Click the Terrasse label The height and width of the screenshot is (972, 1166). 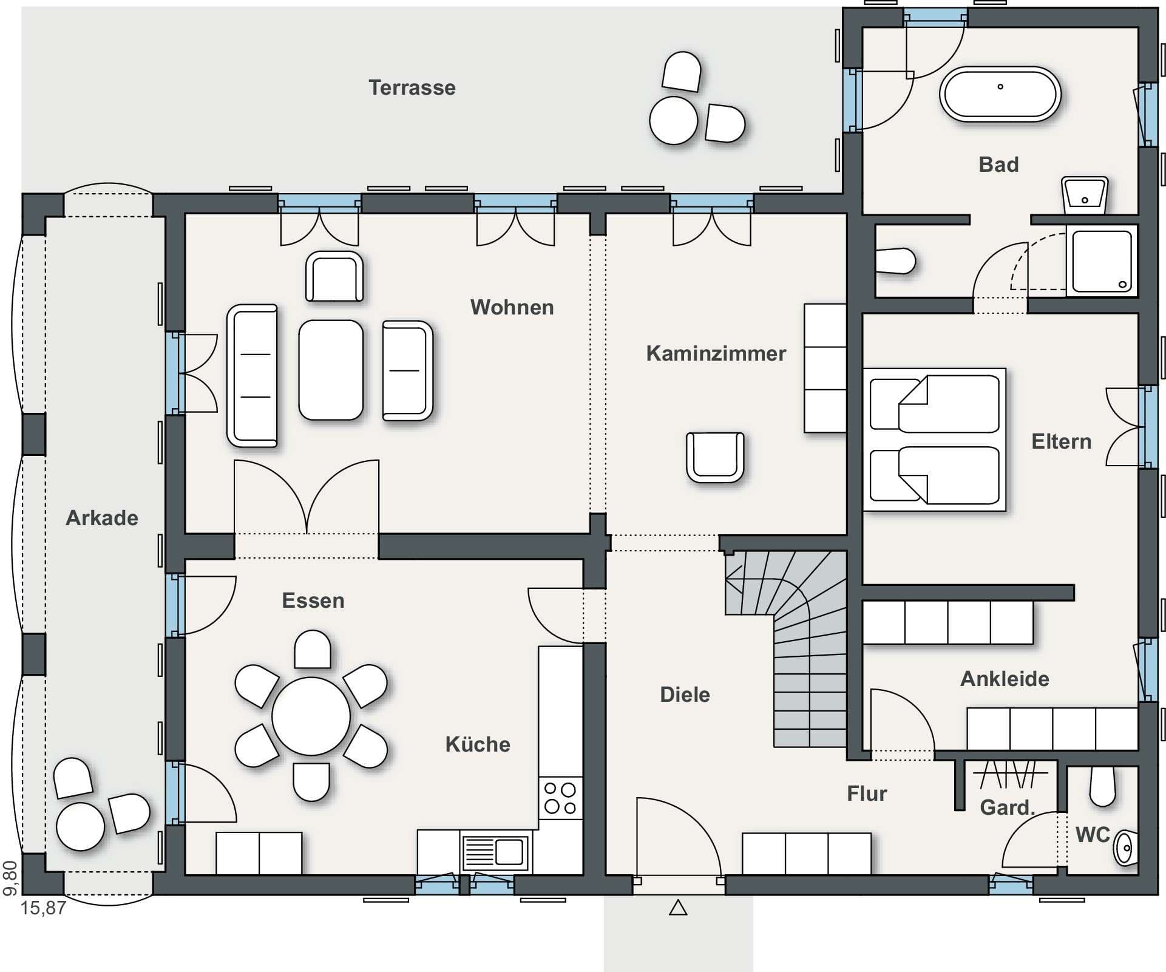412,88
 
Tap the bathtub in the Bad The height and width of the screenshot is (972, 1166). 1000,94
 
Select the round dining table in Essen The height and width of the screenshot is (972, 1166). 311,716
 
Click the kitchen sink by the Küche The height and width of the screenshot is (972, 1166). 495,851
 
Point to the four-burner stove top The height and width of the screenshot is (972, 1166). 560,798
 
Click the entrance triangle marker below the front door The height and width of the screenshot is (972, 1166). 678,908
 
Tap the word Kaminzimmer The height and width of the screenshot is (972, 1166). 716,353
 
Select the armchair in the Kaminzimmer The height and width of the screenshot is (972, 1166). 715,457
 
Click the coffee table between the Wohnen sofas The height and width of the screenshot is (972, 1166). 331,370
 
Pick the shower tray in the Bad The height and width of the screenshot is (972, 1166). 1102,260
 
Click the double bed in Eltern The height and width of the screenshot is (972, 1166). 934,440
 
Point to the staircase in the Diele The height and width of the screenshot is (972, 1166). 786,648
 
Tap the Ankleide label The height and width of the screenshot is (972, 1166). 1005,679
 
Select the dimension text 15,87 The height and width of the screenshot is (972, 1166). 43,908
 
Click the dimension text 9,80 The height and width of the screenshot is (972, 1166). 10,878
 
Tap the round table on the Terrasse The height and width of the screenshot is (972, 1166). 674,120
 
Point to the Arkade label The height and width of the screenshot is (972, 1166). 102,518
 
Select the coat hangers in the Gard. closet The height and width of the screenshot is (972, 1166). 1010,774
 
